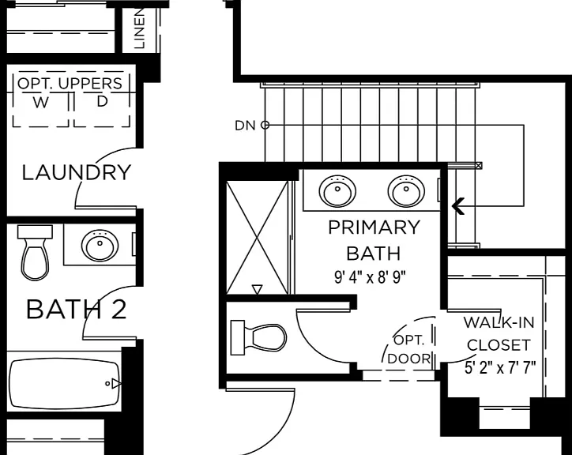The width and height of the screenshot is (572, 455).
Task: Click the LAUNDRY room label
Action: tap(77, 172)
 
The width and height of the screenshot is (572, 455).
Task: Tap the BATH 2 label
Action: tap(77, 310)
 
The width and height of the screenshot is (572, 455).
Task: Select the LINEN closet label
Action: tap(140, 28)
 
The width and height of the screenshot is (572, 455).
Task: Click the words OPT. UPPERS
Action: tap(70, 84)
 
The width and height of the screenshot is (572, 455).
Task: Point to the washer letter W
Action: tap(40, 103)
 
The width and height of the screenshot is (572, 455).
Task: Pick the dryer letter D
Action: tap(103, 101)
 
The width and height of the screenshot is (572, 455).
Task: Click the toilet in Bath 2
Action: tap(35, 253)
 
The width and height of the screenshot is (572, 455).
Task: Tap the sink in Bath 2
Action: tap(100, 245)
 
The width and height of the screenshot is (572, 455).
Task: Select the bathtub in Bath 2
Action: tap(65, 384)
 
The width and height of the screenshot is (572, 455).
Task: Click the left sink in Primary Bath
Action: tap(337, 191)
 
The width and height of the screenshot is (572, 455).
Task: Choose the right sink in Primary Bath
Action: tap(406, 191)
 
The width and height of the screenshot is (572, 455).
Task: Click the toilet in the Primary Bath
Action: tap(258, 337)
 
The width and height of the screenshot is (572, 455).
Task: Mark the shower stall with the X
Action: tap(258, 238)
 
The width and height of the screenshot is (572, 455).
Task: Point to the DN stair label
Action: tap(245, 126)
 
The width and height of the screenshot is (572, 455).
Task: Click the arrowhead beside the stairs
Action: tap(458, 206)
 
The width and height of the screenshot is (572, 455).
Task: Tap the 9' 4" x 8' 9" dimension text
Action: tap(370, 277)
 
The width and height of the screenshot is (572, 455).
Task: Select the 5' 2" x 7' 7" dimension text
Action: tap(500, 367)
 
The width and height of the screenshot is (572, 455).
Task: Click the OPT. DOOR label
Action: tap(409, 350)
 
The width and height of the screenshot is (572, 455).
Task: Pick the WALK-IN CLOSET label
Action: tap(499, 333)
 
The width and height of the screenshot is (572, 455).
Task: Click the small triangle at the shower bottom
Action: tap(258, 290)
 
